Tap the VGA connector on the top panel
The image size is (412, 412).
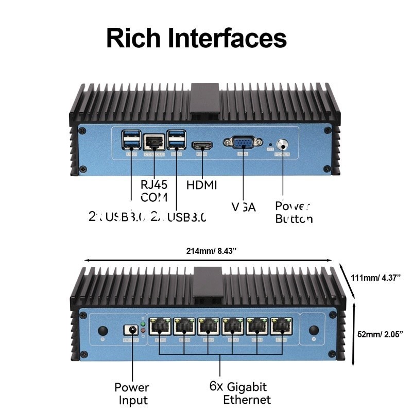tap(241, 143)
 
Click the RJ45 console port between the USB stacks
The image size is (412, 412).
tap(153, 142)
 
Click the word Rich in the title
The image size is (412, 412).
tap(133, 39)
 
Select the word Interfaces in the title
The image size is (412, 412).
tap(228, 39)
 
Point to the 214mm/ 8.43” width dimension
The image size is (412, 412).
tap(211, 251)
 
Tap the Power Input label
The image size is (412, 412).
tap(131, 393)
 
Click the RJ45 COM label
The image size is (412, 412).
tap(154, 191)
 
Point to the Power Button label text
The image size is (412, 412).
tap(294, 212)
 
